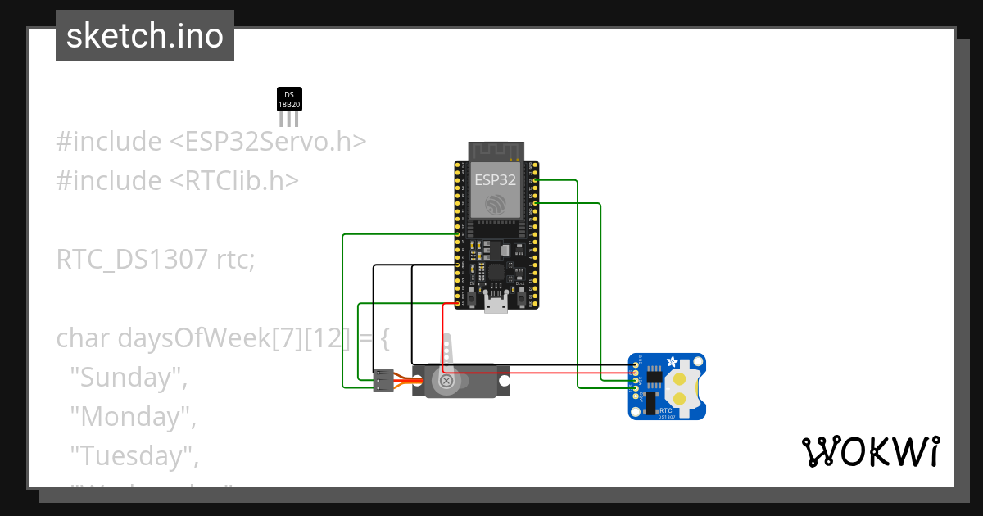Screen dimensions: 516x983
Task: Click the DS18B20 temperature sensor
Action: point(288,100)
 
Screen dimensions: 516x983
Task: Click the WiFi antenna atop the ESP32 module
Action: point(495,151)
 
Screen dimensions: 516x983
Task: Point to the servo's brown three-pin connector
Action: point(383,381)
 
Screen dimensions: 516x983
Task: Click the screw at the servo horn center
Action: point(446,381)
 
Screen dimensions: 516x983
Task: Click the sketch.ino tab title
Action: point(145,36)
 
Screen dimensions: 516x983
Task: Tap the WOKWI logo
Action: point(870,452)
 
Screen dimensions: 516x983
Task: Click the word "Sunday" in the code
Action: point(126,378)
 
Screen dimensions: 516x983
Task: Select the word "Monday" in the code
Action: point(130,416)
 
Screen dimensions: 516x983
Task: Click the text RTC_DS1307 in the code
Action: point(131,260)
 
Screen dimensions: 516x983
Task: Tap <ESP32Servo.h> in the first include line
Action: point(267,141)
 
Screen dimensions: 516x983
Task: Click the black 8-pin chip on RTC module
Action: point(655,376)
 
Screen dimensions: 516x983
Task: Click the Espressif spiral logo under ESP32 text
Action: point(495,205)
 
